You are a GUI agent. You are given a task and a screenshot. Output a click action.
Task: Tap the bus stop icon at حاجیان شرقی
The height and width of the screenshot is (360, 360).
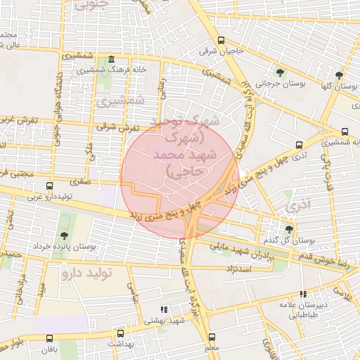click(221, 40)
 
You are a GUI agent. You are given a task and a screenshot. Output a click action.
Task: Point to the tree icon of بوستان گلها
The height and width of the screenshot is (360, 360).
click(339, 75)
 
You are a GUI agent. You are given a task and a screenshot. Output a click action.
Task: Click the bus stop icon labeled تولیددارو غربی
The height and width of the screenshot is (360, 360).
click(49, 186)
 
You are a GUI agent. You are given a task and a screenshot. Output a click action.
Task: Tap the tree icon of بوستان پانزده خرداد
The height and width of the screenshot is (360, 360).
click(64, 236)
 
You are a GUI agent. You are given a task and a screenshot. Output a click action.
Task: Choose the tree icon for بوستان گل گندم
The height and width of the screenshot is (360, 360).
click(289, 229)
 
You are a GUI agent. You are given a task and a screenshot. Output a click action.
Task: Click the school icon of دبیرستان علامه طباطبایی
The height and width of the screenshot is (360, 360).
click(303, 295)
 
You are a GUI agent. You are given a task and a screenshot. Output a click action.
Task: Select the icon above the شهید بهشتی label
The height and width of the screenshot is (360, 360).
click(164, 309)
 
